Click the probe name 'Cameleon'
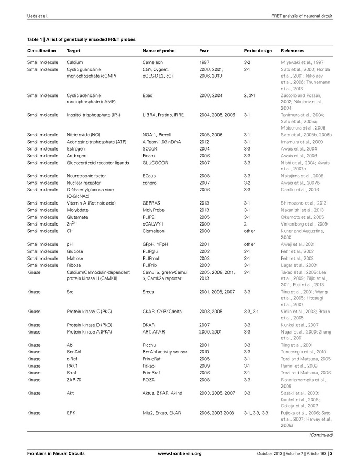point(153,62)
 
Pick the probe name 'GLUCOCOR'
point(155,163)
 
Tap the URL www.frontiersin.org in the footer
point(180,453)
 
